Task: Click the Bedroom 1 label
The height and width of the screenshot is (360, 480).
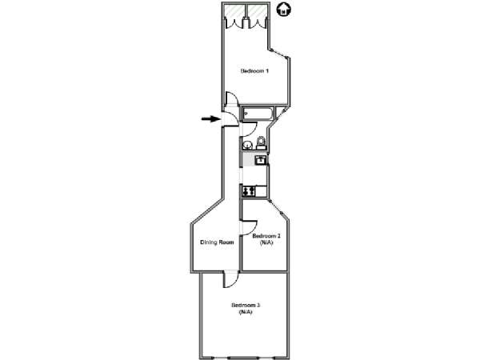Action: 254,71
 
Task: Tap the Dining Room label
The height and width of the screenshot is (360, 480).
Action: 217,242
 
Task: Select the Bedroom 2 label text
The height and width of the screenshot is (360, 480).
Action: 266,236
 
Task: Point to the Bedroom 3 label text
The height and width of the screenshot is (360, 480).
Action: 246,306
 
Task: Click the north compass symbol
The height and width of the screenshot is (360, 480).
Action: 284,10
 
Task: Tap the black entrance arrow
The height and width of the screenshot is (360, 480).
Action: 210,118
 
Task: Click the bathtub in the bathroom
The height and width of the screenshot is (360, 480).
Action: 258,114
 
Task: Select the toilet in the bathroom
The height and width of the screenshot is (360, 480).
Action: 261,143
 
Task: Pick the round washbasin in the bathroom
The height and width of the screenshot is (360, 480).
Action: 247,145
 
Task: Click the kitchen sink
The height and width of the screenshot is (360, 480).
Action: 261,160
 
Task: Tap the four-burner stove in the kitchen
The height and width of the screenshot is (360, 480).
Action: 248,191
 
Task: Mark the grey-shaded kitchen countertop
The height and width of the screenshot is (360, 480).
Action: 249,160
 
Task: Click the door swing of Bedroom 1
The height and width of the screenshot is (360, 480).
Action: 232,98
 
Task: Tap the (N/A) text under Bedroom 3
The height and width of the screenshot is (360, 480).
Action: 246,312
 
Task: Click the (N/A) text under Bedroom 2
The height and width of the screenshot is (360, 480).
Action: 266,242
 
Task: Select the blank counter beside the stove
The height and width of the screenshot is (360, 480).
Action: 261,191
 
